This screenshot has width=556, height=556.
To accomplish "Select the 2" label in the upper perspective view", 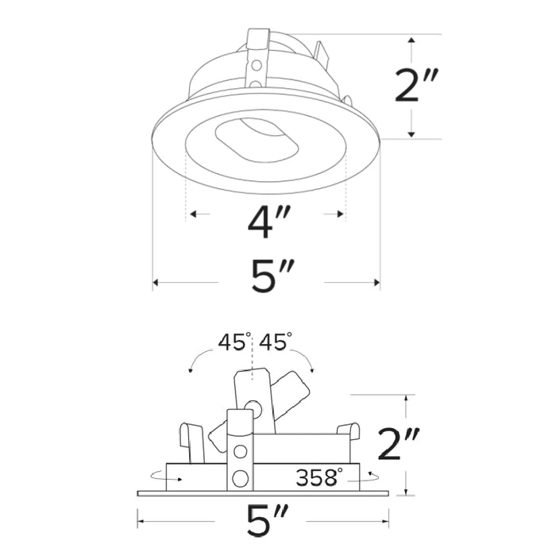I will [x=417, y=86].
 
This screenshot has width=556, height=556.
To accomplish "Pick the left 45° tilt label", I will [x=234, y=342].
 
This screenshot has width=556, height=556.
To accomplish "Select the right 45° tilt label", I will [x=275, y=342].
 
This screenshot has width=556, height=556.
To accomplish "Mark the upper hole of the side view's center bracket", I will [x=239, y=452].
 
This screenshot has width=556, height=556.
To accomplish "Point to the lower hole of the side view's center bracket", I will [x=239, y=478].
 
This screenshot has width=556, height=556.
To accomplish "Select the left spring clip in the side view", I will [x=191, y=442].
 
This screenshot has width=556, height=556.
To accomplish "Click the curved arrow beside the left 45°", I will [x=195, y=361].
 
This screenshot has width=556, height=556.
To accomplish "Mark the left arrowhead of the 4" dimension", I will [x=191, y=214].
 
